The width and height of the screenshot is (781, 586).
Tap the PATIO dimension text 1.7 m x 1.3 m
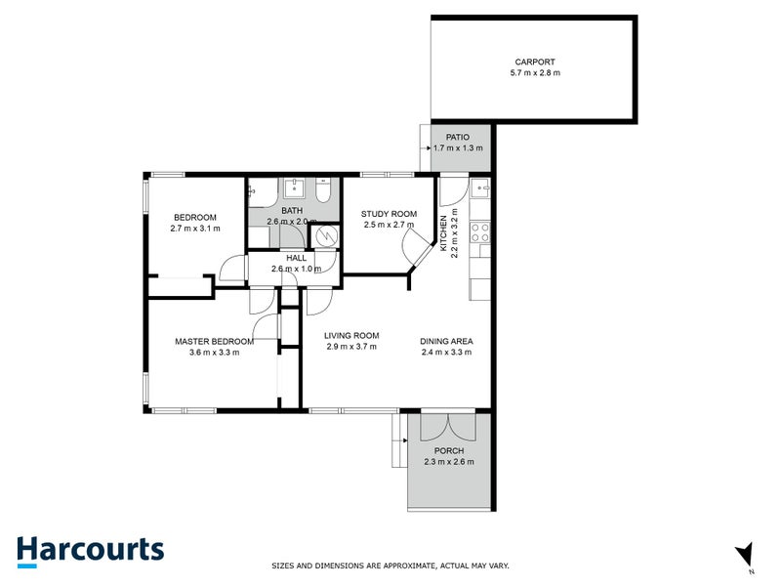click(458, 148)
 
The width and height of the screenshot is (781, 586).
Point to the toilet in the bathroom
click(329, 189)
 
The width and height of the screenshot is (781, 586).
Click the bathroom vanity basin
click(295, 188)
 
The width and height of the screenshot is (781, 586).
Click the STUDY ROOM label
click(389, 214)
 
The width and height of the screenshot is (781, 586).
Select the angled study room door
click(420, 256)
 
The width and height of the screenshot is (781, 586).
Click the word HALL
click(294, 256)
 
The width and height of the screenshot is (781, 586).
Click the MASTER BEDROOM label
click(214, 341)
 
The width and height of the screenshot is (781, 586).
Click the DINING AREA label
click(446, 341)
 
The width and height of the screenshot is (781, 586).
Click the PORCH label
click(449, 450)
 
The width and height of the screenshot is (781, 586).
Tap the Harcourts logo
click(90, 550)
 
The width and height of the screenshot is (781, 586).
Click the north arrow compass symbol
click(746, 554)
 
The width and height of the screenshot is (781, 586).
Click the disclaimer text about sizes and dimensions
click(390, 565)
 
